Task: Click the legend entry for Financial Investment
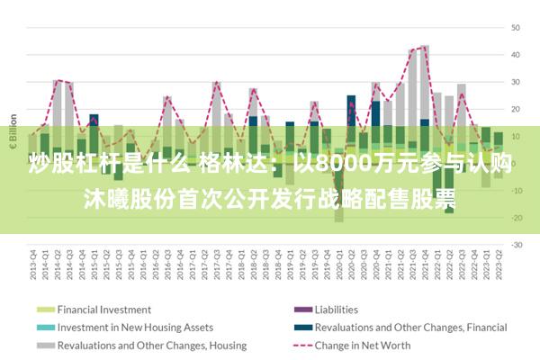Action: (x=104, y=310)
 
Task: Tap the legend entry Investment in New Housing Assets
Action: (x=135, y=327)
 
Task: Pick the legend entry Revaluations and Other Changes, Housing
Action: (x=152, y=345)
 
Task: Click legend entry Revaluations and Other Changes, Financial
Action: (x=411, y=327)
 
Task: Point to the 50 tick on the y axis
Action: (x=517, y=27)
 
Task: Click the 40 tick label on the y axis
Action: (x=517, y=54)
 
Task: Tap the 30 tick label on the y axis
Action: (x=517, y=82)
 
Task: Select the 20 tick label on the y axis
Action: (x=517, y=109)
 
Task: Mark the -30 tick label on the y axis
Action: (x=517, y=245)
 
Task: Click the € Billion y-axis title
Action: (x=13, y=134)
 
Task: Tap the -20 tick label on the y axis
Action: (x=517, y=218)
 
